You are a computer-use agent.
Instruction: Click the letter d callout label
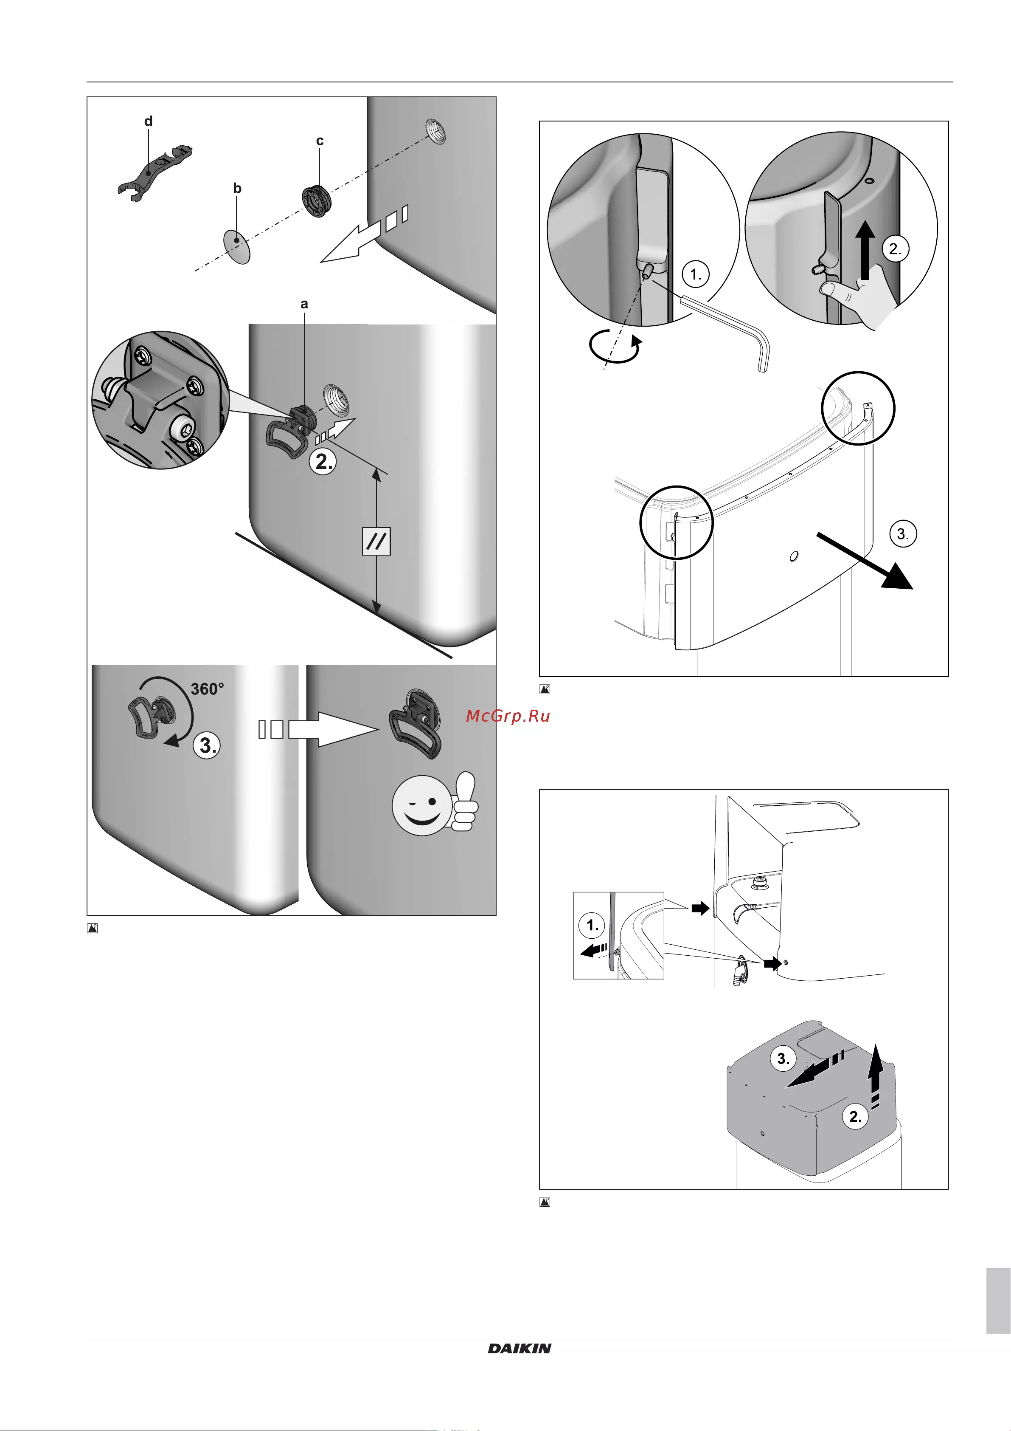coord(148,121)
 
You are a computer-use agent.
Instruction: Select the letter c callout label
coord(320,141)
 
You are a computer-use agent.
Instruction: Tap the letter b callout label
coord(237,188)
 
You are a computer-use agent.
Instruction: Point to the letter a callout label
coord(304,304)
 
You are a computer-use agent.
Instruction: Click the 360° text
coord(208,689)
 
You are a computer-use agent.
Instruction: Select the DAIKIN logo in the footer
coord(520,1348)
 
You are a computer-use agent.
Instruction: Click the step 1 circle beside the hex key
coord(696,274)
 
